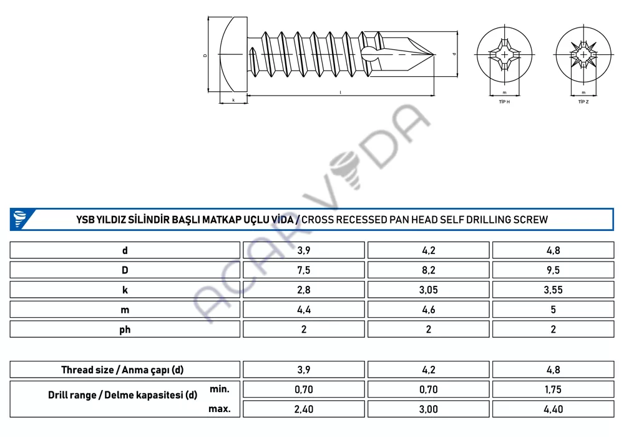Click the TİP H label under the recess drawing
click(x=504, y=102)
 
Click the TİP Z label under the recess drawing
click(x=583, y=102)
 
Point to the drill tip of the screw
click(x=434, y=54)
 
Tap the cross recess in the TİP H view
click(x=505, y=55)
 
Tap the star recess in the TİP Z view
click(x=583, y=55)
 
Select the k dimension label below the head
click(x=233, y=100)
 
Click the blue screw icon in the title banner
click(x=19, y=219)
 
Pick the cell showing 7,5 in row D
click(x=304, y=270)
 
